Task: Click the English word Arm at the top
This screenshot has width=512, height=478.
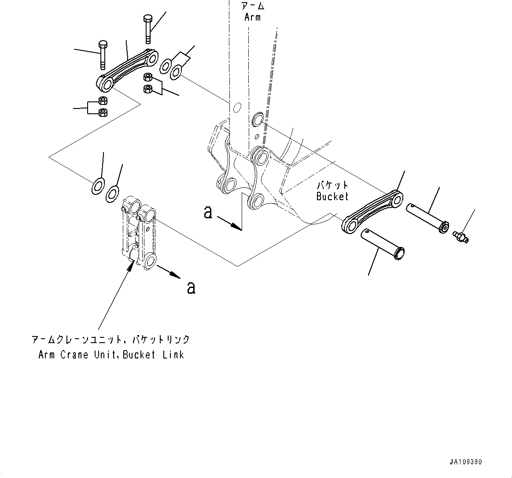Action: click(x=252, y=18)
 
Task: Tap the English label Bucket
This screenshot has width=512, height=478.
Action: click(x=332, y=197)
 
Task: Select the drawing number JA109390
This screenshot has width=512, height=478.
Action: click(x=466, y=462)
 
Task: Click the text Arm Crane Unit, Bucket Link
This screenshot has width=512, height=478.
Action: click(x=111, y=355)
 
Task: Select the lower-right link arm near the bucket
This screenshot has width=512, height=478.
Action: click(x=372, y=211)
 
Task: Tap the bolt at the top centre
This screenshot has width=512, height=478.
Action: click(x=147, y=29)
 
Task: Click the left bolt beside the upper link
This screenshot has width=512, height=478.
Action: click(x=102, y=55)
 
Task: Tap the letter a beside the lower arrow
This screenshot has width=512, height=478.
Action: click(x=191, y=288)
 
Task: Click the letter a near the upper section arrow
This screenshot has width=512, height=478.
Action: click(x=208, y=213)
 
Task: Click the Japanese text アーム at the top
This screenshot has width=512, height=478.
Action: click(x=252, y=6)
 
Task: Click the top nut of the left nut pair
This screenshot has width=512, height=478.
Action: click(x=102, y=101)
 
